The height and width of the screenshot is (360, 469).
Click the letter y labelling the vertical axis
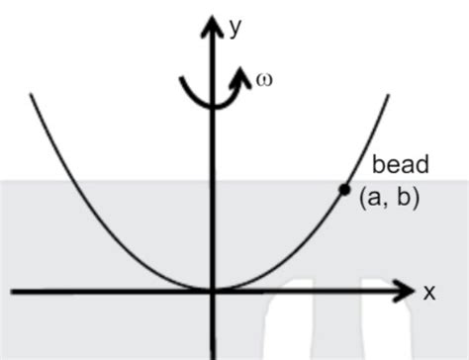pyautogui.click(x=235, y=28)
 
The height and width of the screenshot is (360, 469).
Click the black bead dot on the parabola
pyautogui.click(x=344, y=189)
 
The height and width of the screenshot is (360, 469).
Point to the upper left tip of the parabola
pyautogui.click(x=33, y=95)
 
